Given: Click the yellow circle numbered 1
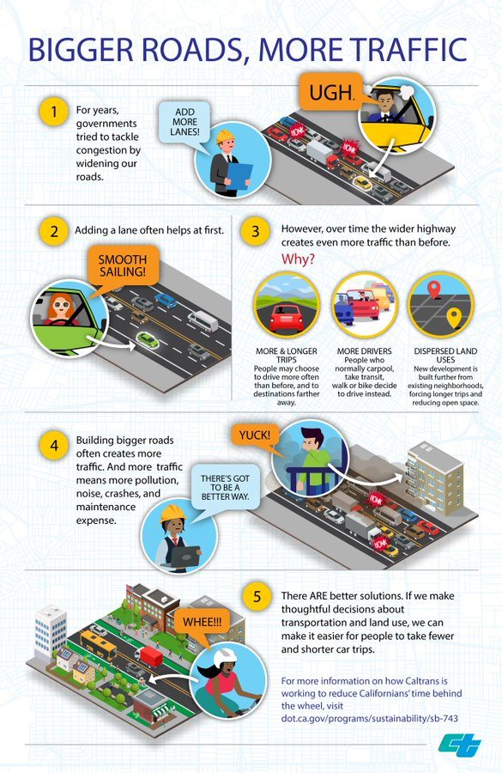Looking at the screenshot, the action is (x=54, y=112).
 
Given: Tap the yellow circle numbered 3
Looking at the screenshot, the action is (x=255, y=231).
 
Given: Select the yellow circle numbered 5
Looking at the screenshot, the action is (x=257, y=597).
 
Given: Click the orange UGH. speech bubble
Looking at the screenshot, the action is (x=332, y=92).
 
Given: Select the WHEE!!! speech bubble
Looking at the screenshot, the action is (x=203, y=624).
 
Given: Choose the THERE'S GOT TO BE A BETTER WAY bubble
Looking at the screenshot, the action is (x=225, y=488).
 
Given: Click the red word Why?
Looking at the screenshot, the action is (x=298, y=259).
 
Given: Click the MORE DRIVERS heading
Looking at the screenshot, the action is (x=364, y=351).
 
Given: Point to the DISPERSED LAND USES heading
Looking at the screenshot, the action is (x=445, y=356).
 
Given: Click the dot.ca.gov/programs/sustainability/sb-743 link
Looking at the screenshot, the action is (x=370, y=718).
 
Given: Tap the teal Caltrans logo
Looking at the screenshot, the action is (x=460, y=745).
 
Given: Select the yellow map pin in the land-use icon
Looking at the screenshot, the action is (x=454, y=318).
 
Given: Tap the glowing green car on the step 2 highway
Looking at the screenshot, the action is (x=148, y=339).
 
